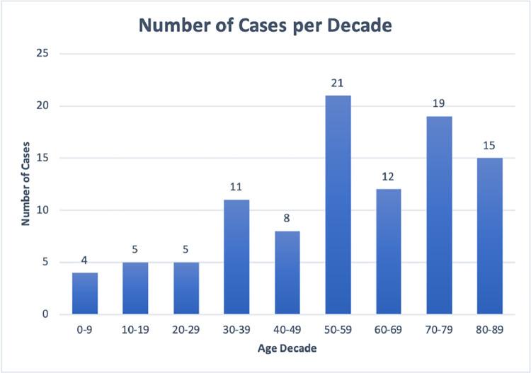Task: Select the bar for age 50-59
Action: [338, 205]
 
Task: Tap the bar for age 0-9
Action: [85, 293]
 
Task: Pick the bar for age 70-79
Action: [440, 215]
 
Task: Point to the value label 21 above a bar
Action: [338, 84]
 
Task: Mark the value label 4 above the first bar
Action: [85, 261]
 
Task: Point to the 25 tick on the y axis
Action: [46, 54]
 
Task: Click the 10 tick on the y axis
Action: [46, 210]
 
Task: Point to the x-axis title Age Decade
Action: [287, 349]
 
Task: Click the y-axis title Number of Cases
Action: [25, 184]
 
